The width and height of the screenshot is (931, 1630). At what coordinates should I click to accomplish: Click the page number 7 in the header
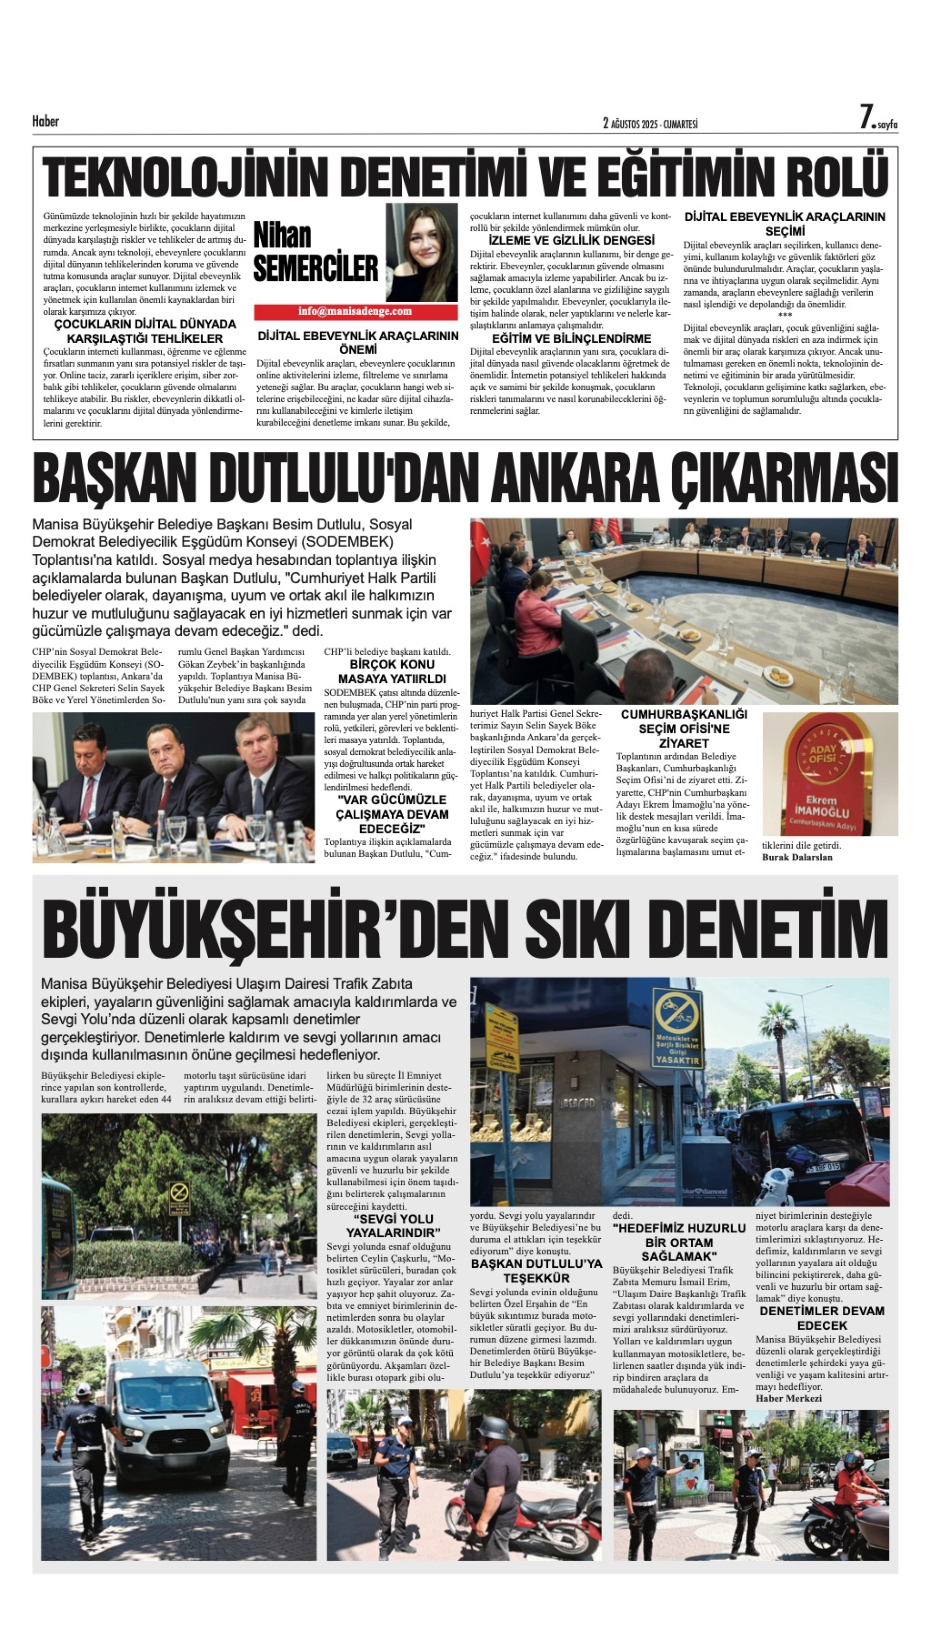click(866, 118)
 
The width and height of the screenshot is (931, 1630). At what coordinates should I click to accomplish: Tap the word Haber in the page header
click(46, 121)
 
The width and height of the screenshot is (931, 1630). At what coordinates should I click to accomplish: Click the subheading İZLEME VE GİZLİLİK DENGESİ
click(571, 241)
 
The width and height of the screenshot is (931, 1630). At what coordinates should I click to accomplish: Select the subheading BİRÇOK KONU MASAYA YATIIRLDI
click(392, 672)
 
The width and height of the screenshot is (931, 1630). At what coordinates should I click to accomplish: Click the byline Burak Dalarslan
click(797, 857)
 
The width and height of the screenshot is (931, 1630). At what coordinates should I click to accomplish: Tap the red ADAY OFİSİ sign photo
click(830, 774)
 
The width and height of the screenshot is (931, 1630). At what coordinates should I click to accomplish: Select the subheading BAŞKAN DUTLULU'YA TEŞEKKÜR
click(536, 1271)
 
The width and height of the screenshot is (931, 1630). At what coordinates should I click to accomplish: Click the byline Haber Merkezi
click(788, 1398)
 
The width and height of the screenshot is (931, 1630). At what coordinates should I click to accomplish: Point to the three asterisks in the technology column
click(784, 315)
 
